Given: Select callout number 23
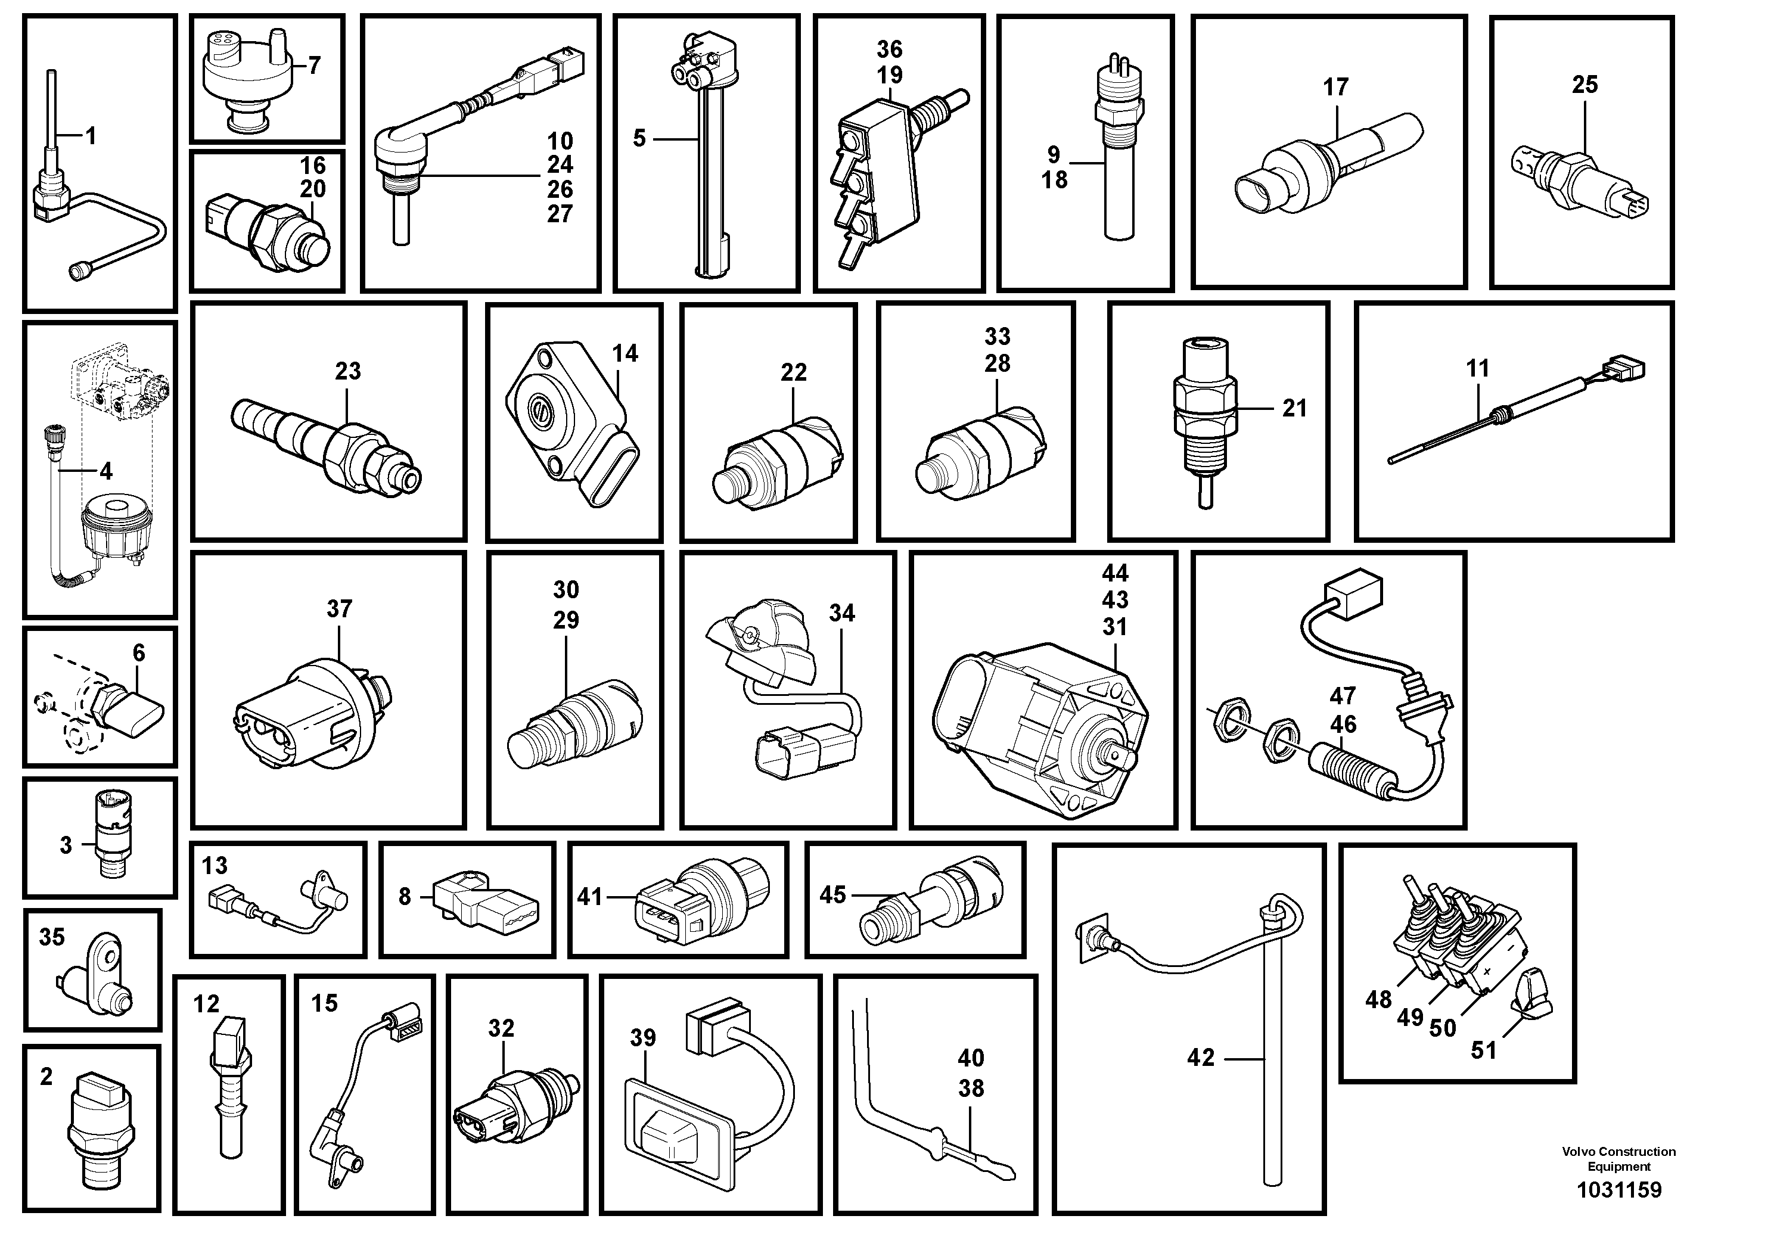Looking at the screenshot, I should pos(347,372).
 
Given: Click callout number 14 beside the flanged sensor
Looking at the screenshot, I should pos(625,354).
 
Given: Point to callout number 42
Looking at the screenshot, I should pos(1201,1058).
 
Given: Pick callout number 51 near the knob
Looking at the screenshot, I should pos(1483,1050).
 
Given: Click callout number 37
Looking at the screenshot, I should pos(339,610).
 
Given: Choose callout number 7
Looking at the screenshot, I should pos(313,66).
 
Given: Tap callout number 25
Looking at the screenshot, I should pos(1585,85).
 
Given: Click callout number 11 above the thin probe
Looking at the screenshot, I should pos(1477,368).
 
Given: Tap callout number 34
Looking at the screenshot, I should pos(842,613).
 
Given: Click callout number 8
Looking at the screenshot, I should pos(405,897).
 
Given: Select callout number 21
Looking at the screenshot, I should pos(1294,409).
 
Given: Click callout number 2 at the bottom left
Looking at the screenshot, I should pos(46,1077).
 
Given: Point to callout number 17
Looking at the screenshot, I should pos(1336,88).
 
